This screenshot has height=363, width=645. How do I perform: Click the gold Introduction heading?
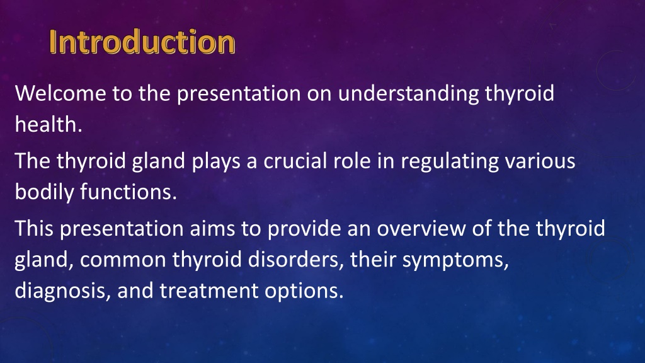click(x=142, y=42)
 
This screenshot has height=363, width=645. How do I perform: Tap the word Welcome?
click(x=60, y=93)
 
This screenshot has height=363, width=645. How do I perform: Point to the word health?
click(x=49, y=124)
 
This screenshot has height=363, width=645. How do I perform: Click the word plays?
click(x=216, y=162)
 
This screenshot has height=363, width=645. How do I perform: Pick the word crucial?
click(x=295, y=161)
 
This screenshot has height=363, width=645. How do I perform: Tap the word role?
click(x=352, y=161)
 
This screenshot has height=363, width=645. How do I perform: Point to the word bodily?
click(x=44, y=193)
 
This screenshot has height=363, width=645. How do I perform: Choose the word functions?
click(x=128, y=192)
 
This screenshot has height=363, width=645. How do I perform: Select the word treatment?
click(x=208, y=291)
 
